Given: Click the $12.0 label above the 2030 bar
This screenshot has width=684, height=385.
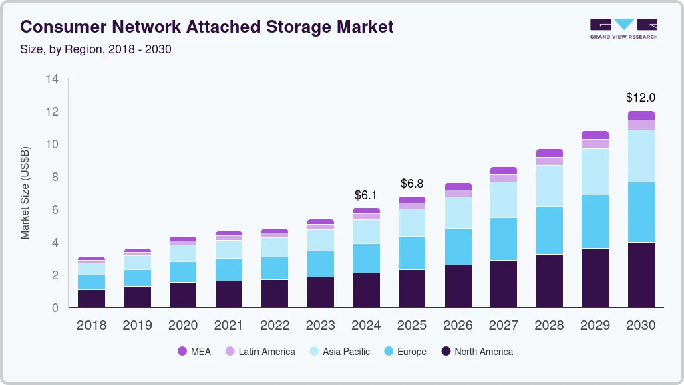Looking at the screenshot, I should pyautogui.click(x=641, y=98).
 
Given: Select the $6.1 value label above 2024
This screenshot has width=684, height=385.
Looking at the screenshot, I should pyautogui.click(x=366, y=195).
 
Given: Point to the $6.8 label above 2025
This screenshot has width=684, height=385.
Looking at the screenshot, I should pyautogui.click(x=411, y=183).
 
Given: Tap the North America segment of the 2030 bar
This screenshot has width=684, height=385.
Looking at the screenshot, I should pyautogui.click(x=641, y=275).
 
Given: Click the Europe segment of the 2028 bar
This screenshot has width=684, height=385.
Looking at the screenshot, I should pyautogui.click(x=549, y=230).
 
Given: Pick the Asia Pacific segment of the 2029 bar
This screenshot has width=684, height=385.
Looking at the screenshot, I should pyautogui.click(x=595, y=172).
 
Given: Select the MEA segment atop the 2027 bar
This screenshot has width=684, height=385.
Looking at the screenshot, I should pyautogui.click(x=504, y=171).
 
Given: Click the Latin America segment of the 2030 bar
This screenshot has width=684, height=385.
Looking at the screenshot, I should pyautogui.click(x=641, y=125).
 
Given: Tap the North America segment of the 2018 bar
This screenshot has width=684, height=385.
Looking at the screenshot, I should pyautogui.click(x=92, y=298).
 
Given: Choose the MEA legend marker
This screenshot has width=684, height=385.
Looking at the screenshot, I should pyautogui.click(x=182, y=351).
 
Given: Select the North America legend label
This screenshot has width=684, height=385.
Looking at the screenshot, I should pyautogui.click(x=484, y=351).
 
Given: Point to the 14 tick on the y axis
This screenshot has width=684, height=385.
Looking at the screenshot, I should pyautogui.click(x=53, y=80).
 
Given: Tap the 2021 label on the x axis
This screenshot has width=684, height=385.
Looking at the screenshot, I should pyautogui.click(x=228, y=326).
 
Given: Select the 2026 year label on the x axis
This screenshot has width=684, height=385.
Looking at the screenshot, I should pyautogui.click(x=458, y=326).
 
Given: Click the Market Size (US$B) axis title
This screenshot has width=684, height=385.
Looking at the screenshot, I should pyautogui.click(x=25, y=193).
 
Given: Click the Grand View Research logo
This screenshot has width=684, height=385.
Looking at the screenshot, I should pyautogui.click(x=623, y=28).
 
